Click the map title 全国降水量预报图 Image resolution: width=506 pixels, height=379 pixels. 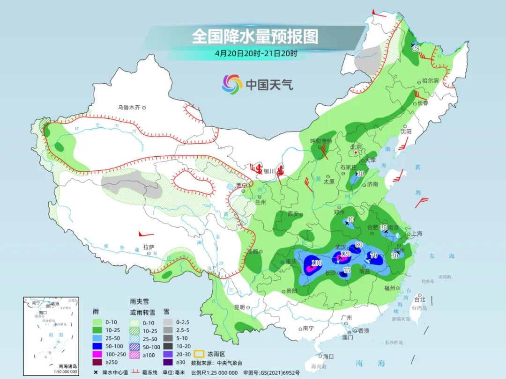[x=254, y=36]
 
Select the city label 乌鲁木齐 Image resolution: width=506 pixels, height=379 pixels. [x=129, y=108]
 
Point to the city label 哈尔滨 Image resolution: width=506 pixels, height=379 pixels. [x=430, y=81]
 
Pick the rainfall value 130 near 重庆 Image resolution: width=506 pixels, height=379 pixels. [x=317, y=263]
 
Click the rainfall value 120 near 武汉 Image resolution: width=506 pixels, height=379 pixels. [x=345, y=254]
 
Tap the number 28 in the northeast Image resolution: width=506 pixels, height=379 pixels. [x=416, y=48]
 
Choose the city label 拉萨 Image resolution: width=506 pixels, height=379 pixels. [x=149, y=247]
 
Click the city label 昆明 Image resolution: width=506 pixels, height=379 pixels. [x=239, y=307]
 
